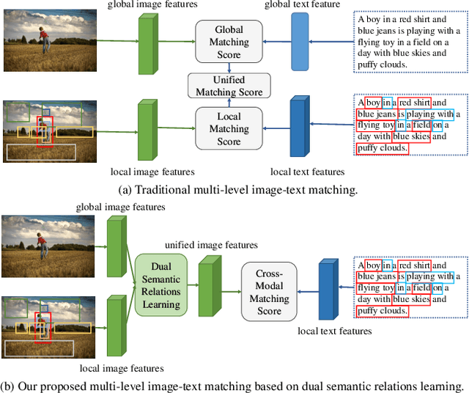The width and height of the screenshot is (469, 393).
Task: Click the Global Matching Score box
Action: click(229, 43)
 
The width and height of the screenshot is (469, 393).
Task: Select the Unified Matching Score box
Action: click(229, 86)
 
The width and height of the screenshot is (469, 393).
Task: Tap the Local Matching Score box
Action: click(229, 129)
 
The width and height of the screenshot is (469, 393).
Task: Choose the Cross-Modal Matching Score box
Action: click(269, 292)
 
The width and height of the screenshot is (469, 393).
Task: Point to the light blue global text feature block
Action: click(300, 40)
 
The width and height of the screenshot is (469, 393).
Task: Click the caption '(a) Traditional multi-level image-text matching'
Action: click(237, 190)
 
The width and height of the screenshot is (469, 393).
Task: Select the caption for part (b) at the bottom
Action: click(233, 386)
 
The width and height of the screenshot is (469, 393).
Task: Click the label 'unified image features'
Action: click(210, 245)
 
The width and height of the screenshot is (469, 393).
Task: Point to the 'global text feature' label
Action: click(303, 5)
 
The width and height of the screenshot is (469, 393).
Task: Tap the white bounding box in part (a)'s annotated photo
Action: click(40, 152)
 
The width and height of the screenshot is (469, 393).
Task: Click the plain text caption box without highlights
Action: click(408, 41)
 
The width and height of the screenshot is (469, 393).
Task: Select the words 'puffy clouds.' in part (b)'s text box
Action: click(382, 311)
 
